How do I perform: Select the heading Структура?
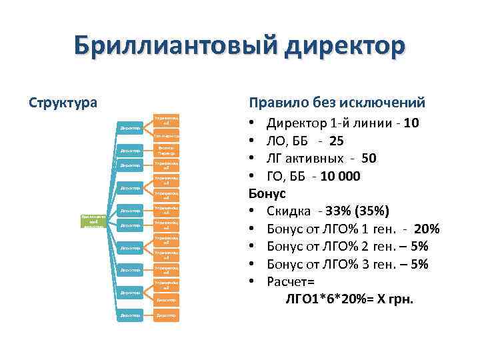(x=63, y=103)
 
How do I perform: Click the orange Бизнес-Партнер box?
(x=166, y=151)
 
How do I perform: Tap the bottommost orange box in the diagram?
(x=166, y=315)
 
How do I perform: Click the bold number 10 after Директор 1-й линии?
(x=411, y=123)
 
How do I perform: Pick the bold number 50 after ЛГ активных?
(x=369, y=159)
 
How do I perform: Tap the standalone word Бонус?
(x=267, y=194)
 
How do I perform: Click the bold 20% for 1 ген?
(x=426, y=229)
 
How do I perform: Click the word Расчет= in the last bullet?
(x=289, y=282)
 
